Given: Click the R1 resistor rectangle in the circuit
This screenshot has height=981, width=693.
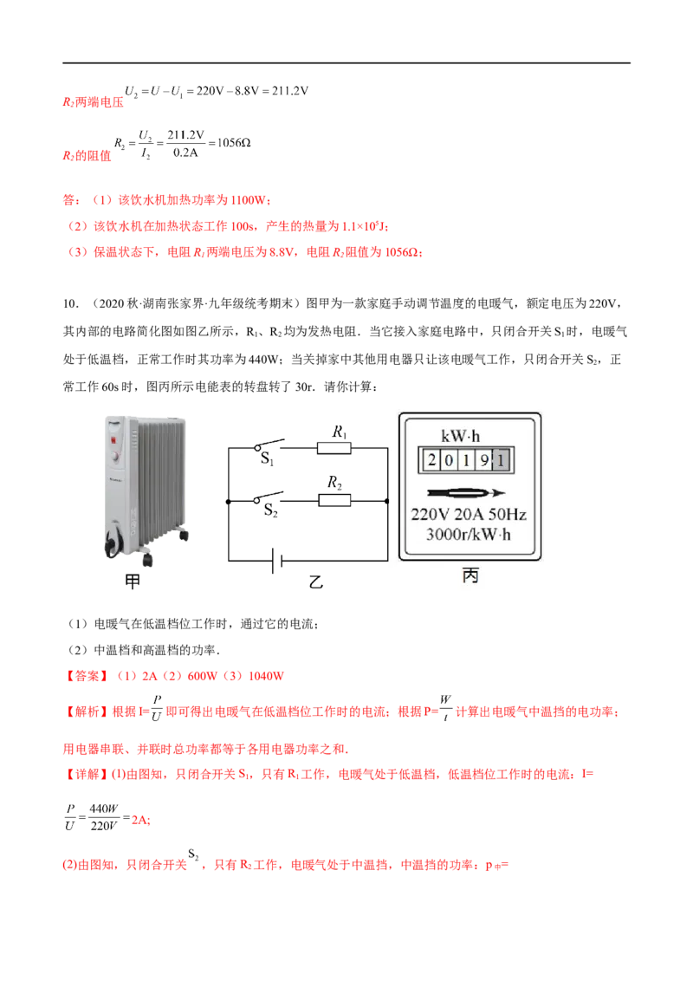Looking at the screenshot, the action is coord(334,448).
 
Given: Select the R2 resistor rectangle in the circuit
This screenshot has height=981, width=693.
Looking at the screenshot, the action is coord(334,501).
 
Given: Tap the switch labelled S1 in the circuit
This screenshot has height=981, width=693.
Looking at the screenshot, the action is coord(269,445).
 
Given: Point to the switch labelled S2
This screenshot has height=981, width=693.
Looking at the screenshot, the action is coord(269,497).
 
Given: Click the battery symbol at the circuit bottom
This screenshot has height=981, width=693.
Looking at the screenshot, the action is coord(277,561).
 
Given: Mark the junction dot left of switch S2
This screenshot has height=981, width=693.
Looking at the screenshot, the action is coord(229,501).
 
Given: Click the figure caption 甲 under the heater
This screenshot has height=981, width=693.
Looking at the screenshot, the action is coord(133,581).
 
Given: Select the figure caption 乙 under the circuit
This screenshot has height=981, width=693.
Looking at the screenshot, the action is coord(316,581).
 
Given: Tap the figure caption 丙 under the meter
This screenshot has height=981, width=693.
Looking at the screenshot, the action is coord(470,575).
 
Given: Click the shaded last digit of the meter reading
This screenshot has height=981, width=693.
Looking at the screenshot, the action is coord(502,461).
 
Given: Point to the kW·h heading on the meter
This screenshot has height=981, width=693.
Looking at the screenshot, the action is coord(460,436).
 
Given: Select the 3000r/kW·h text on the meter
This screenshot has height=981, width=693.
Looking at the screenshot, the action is coord(469,535).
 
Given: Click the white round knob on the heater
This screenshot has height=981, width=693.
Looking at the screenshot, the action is coord(115,457).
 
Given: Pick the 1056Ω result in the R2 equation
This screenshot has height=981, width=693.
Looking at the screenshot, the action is coord(234,143).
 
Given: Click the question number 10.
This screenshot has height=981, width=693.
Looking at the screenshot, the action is coord(70,304).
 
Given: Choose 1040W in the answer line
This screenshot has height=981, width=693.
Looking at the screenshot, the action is coord(267,676).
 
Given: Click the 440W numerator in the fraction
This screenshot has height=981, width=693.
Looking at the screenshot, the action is coord(104,809).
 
